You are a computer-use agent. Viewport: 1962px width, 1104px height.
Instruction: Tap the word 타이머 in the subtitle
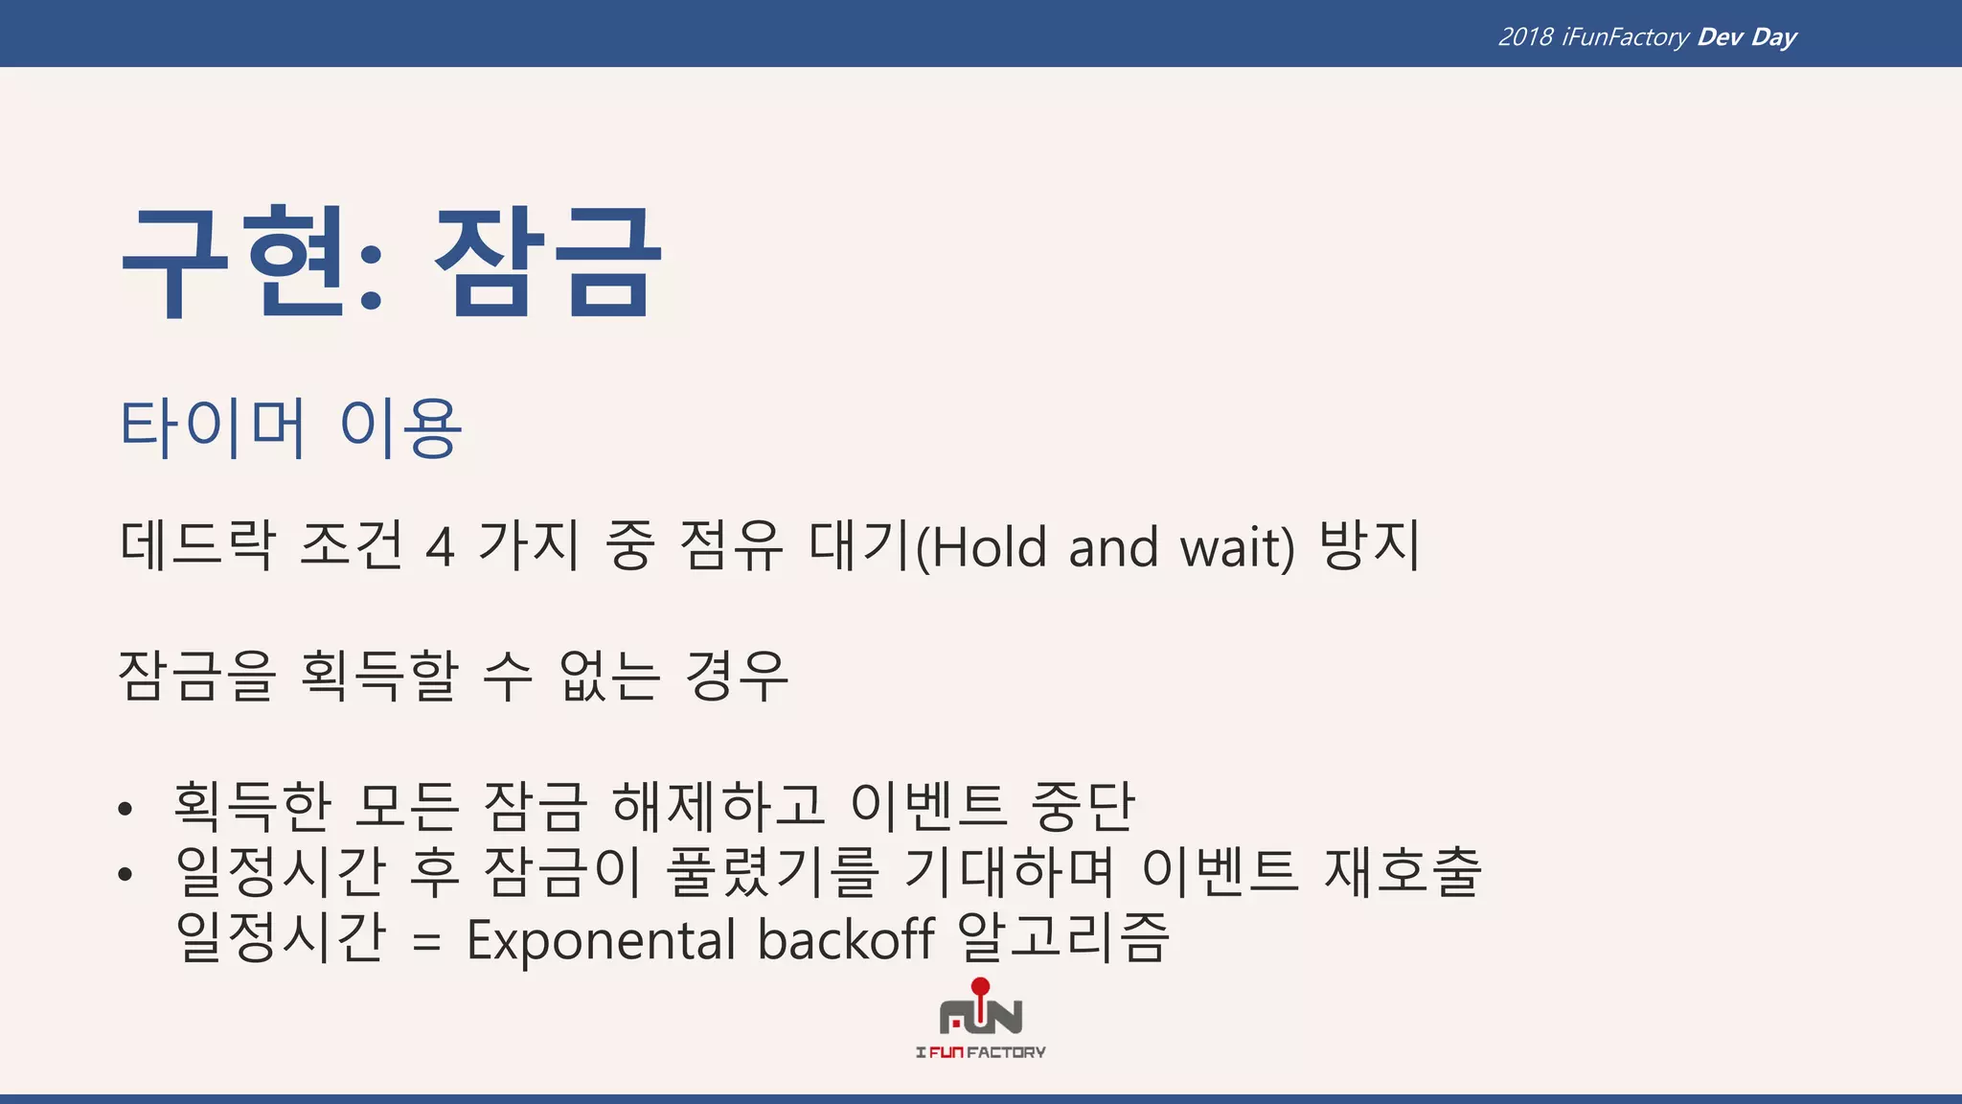[x=213, y=427]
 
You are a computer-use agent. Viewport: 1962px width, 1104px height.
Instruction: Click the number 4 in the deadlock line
[x=440, y=548]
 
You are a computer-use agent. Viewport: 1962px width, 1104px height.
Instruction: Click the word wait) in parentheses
[x=1237, y=548]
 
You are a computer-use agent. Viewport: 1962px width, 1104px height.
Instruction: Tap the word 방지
[x=1370, y=545]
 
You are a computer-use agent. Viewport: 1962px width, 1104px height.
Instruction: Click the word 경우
[x=737, y=676]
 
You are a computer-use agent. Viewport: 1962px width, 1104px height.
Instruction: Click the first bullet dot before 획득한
[x=125, y=810]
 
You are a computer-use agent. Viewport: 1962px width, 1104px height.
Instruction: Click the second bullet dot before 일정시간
[x=125, y=874]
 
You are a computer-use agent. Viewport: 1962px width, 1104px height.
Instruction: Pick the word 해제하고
[x=719, y=805]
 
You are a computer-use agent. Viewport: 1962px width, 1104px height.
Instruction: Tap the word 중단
[x=1083, y=805]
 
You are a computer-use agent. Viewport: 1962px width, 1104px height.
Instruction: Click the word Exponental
[x=601, y=939]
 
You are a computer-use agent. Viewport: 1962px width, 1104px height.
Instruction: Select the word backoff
[x=846, y=939]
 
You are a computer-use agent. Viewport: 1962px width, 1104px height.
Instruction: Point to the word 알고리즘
[x=1063, y=937]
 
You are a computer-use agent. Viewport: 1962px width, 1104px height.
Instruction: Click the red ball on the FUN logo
[x=980, y=986]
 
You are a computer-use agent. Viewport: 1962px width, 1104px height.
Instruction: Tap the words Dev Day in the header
[x=1746, y=37]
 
